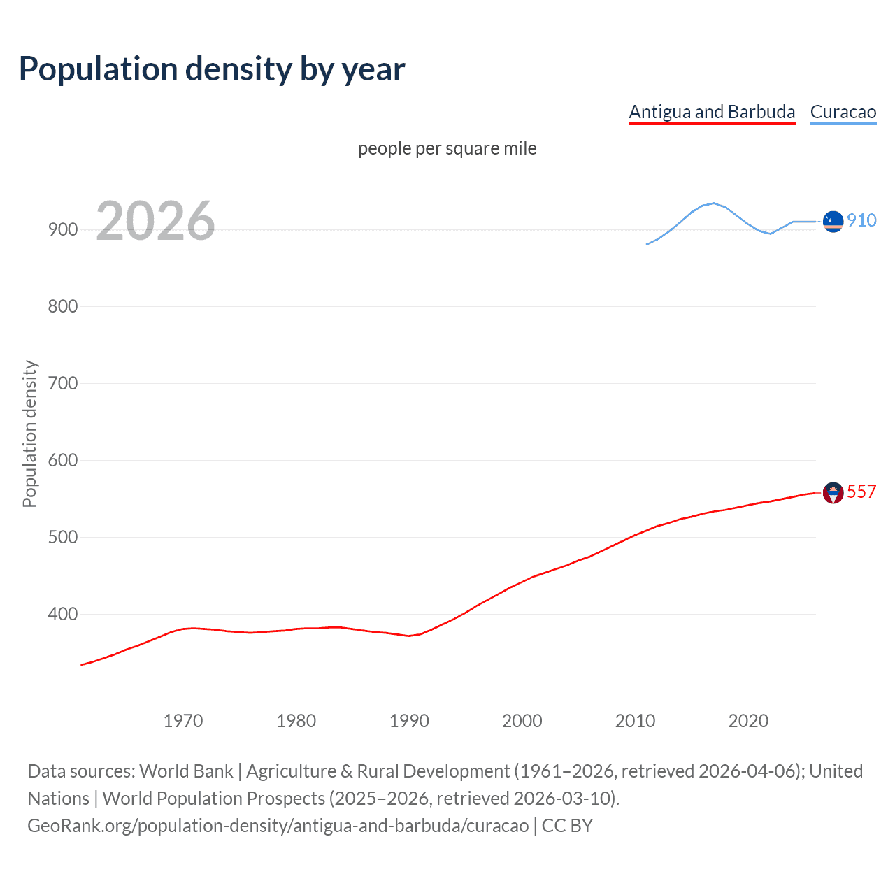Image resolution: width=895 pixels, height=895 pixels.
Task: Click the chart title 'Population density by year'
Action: pos(212,69)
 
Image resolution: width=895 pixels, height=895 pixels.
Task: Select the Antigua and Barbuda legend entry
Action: pos(712,112)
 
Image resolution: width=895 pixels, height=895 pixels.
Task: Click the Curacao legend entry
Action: pos(843,112)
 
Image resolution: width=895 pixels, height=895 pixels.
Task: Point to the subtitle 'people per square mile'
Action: pos(447,148)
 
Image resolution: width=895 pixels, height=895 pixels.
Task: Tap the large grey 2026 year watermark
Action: pos(155,221)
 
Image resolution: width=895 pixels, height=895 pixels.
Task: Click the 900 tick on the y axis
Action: pos(63,229)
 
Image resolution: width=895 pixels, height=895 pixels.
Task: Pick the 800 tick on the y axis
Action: pos(63,306)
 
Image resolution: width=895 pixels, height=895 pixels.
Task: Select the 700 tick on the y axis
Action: pos(63,383)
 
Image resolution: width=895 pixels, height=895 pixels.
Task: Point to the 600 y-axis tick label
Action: pos(63,460)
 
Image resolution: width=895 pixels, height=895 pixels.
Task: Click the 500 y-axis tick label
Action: pos(63,537)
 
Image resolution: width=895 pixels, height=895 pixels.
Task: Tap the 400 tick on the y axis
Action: pos(63,614)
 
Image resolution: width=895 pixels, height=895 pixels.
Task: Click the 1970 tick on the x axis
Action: pos(183,721)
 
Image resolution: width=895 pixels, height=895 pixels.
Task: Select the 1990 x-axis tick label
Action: pos(409,721)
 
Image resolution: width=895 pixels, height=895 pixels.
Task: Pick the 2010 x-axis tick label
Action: pos(635,721)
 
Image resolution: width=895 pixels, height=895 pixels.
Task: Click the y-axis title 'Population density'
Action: pos(29,434)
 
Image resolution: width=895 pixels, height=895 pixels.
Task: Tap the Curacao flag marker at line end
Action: pos(833,221)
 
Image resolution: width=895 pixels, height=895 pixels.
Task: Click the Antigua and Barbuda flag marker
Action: pos(833,493)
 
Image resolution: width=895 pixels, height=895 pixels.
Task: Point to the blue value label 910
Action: pos(861,220)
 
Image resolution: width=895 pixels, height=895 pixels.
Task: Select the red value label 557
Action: pos(861,492)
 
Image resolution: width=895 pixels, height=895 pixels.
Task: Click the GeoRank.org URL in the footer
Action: pos(278,826)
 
